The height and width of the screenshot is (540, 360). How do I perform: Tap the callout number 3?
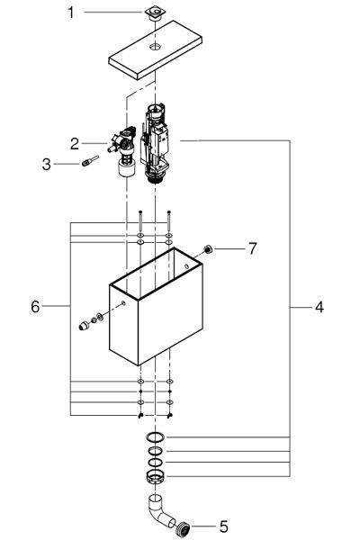58,163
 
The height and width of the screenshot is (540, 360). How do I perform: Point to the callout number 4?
319,307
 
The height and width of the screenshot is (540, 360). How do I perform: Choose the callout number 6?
35,307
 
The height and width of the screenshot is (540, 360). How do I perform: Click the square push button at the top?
156,13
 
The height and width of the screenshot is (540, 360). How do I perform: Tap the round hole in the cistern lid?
156,44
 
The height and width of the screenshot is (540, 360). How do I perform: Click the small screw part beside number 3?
86,164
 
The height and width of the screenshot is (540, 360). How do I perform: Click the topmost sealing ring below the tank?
156,438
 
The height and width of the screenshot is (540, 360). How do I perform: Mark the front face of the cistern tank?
126,328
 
